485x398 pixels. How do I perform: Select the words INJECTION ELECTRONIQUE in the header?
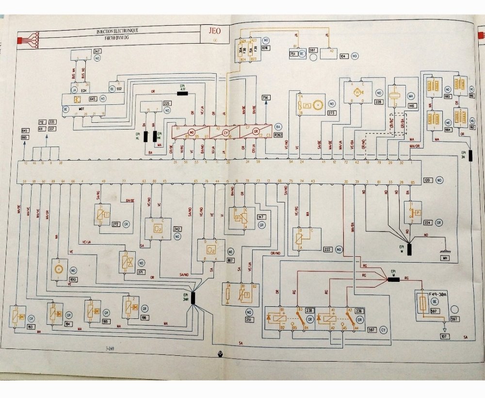[117, 31]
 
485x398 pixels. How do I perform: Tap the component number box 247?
[97, 51]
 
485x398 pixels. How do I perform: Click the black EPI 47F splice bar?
[183, 93]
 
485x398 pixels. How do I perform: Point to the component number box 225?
[167, 103]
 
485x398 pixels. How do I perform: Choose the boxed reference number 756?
[266, 97]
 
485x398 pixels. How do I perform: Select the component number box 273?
[332, 113]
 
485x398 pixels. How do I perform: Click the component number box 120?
[427, 180]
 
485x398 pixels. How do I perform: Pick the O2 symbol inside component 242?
[158, 228]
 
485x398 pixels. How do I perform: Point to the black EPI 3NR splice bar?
[193, 298]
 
